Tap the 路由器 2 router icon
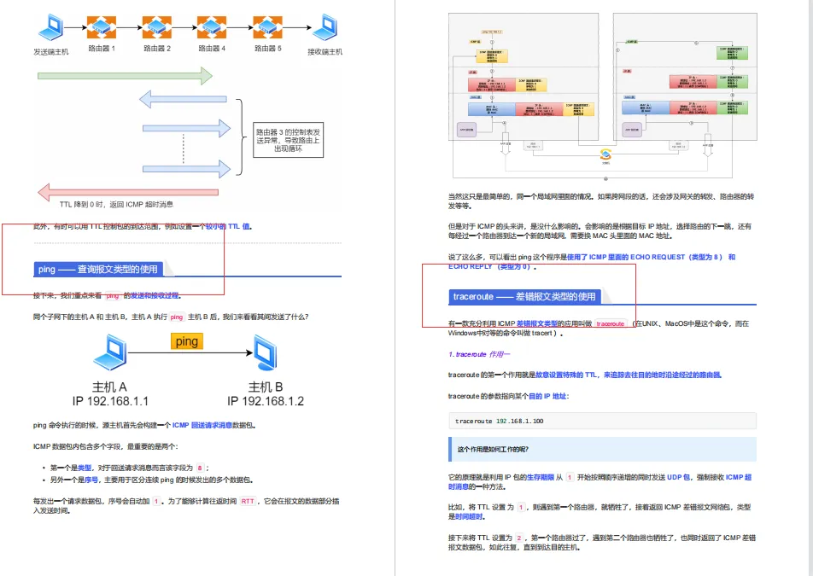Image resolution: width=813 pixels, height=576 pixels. [x=156, y=26]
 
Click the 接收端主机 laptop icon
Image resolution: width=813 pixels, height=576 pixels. [x=325, y=27]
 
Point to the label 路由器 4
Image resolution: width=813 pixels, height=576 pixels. [x=212, y=49]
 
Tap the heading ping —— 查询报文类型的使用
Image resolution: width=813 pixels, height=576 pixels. [x=97, y=269]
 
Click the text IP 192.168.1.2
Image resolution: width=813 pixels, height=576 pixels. [x=266, y=400]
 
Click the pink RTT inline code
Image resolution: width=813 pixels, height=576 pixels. [x=247, y=502]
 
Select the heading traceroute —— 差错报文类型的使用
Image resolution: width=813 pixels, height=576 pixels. [x=524, y=297]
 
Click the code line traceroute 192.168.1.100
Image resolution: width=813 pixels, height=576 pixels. [x=500, y=421]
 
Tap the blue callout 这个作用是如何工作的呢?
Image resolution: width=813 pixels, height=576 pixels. [x=602, y=449]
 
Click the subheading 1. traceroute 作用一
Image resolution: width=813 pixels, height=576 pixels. [x=479, y=353]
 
